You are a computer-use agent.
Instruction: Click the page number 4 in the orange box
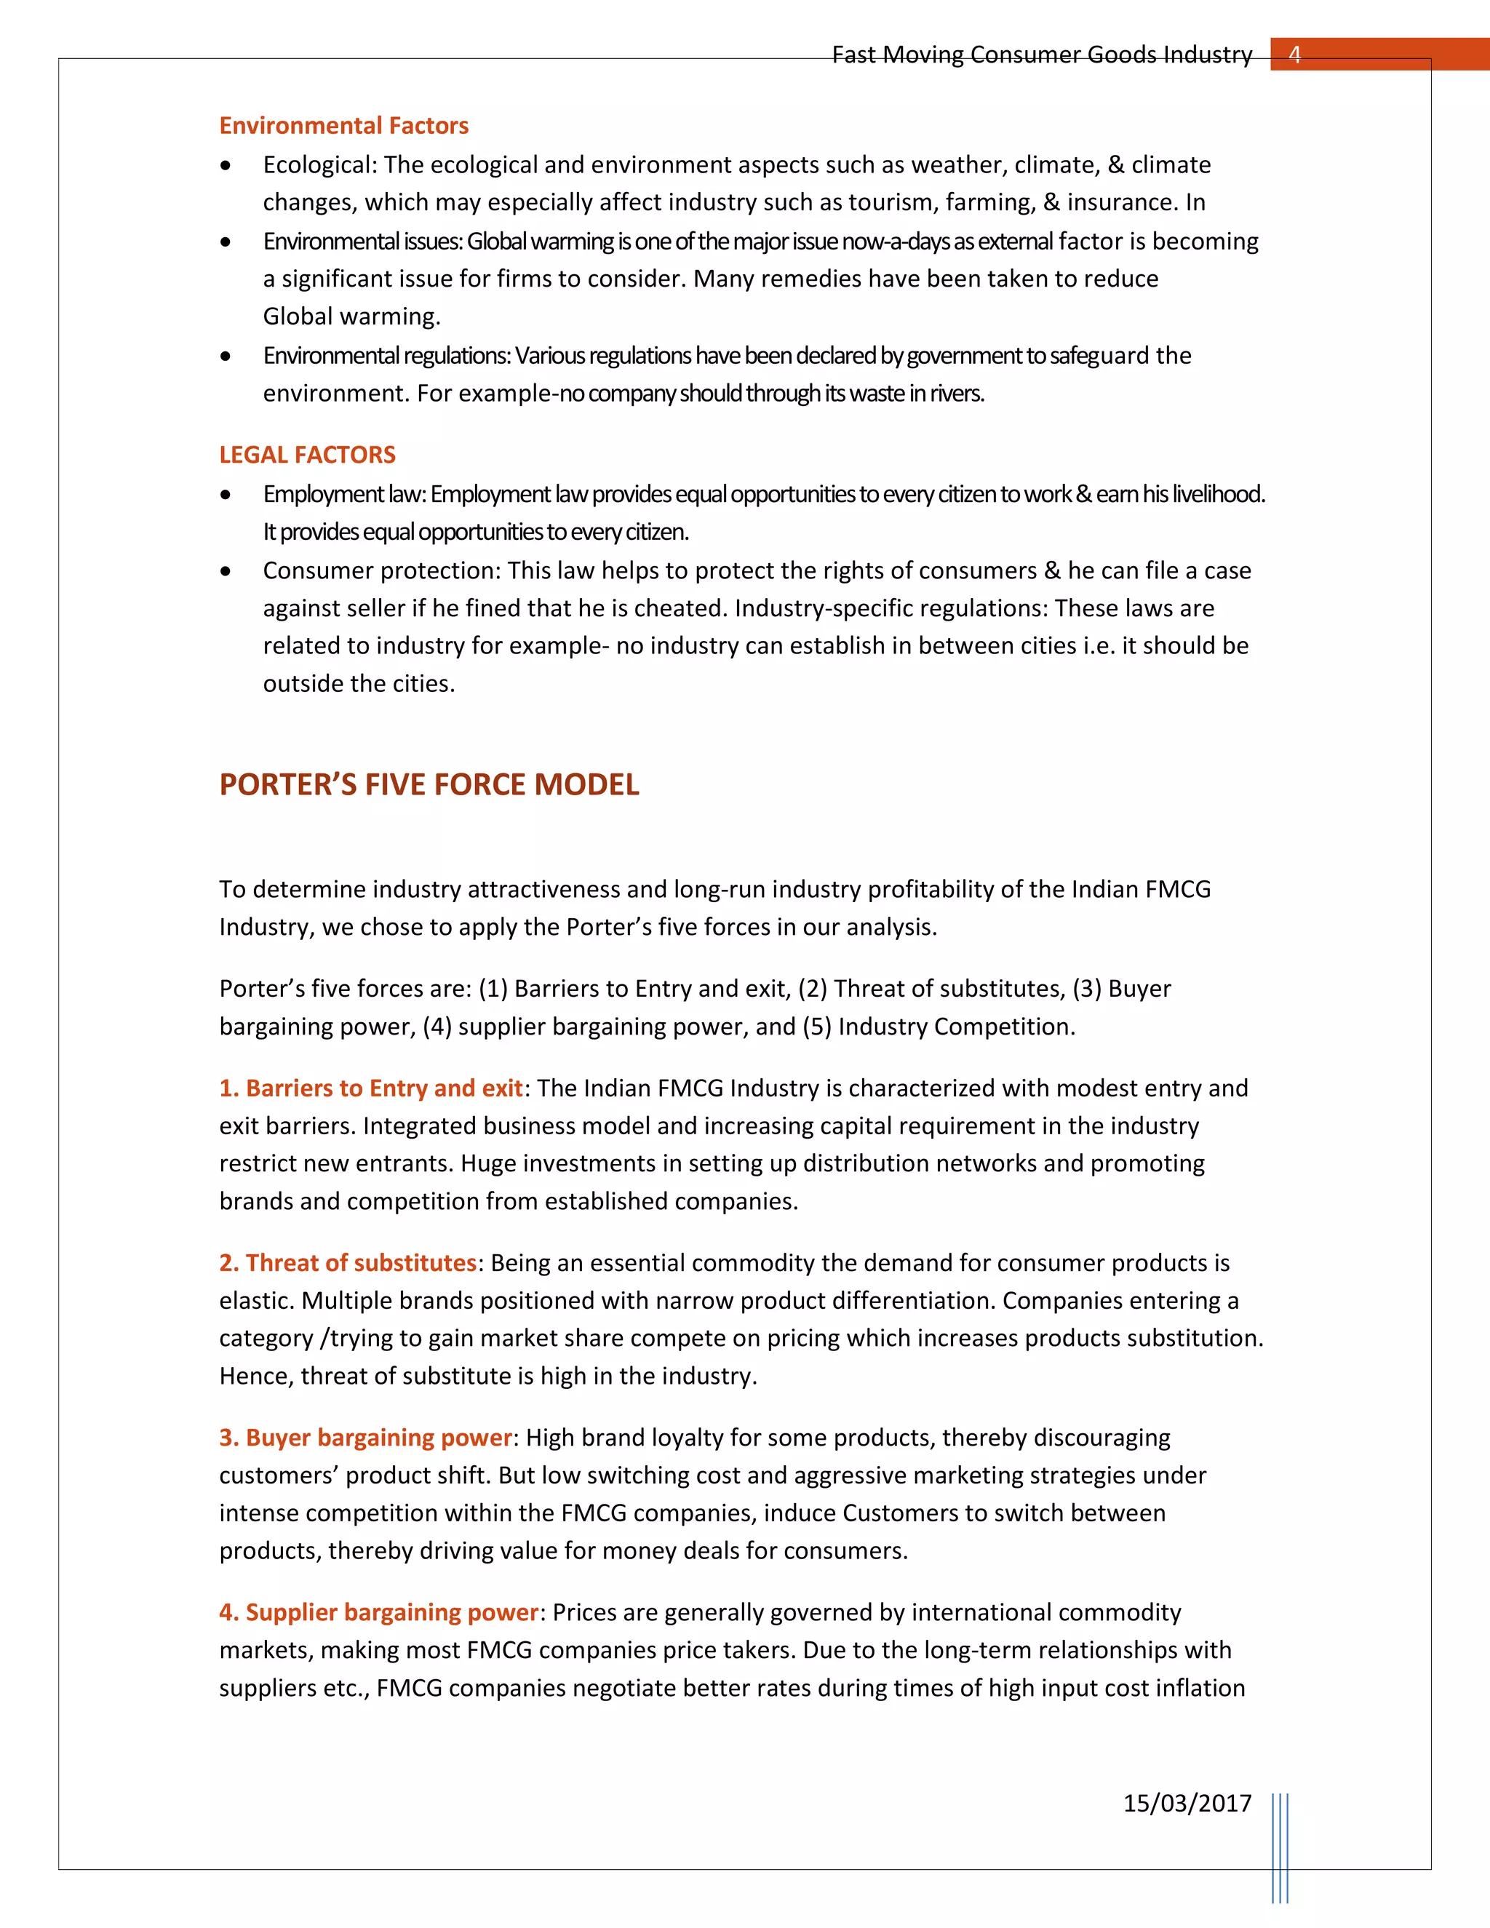[x=1294, y=55]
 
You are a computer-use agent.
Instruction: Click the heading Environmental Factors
[x=343, y=125]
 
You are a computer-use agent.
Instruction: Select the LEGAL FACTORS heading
[x=307, y=455]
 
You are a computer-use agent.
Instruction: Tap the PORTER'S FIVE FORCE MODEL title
[x=429, y=784]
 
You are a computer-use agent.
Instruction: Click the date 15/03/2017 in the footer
[x=1187, y=1803]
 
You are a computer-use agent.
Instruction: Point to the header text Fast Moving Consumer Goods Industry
[x=1042, y=55]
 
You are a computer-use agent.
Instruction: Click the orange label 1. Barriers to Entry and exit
[x=371, y=1088]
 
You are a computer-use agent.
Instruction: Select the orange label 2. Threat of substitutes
[x=348, y=1262]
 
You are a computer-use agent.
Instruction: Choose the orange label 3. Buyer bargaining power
[x=365, y=1437]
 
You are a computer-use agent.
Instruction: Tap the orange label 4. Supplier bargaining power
[x=378, y=1612]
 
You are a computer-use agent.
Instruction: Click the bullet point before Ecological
[x=227, y=166]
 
